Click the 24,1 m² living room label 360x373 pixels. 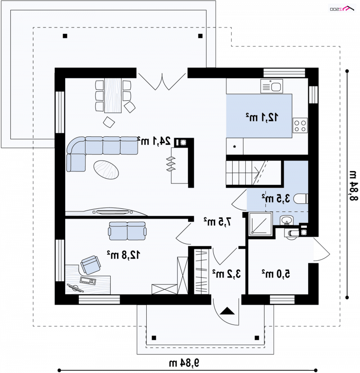(x=154, y=141)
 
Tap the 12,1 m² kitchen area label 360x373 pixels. (x=262, y=117)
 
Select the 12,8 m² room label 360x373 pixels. (x=123, y=255)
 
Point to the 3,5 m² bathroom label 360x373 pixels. (x=276, y=198)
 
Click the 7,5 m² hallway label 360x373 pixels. (x=217, y=222)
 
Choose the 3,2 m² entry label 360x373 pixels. (x=226, y=274)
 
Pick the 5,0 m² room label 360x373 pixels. (x=276, y=274)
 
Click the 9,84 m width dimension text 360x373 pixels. (x=184, y=363)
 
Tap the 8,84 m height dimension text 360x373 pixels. (x=354, y=186)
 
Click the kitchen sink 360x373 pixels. (x=272, y=86)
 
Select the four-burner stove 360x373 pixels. (x=300, y=126)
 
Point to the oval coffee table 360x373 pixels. (x=106, y=170)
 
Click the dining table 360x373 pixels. (x=113, y=95)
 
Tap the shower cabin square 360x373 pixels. (x=260, y=224)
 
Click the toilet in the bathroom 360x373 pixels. (x=301, y=198)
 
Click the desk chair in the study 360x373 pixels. (x=90, y=265)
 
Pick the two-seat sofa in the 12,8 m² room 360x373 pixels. (x=127, y=231)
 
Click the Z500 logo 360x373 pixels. (x=342, y=9)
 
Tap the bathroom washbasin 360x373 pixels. (x=287, y=220)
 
